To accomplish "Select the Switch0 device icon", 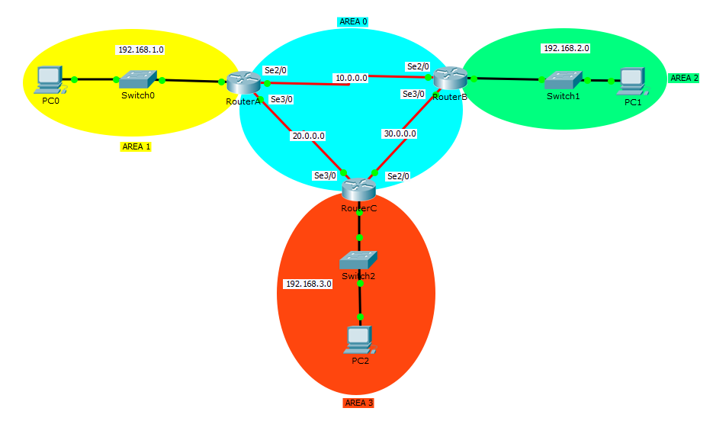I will (138, 79).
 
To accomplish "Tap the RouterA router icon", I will (243, 82).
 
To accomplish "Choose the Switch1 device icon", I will (564, 79).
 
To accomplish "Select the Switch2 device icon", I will (358, 260).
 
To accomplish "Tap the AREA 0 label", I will (353, 22).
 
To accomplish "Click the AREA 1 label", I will (136, 146).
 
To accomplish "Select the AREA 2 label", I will (684, 78).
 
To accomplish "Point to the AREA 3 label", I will (358, 403).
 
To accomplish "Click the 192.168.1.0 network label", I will (140, 50).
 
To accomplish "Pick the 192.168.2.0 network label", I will (566, 48).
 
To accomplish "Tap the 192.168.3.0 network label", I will (308, 284).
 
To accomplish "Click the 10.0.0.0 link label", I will (351, 78).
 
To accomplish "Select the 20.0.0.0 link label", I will (307, 136).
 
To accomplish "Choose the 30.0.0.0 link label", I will (400, 133).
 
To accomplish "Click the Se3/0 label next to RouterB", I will (414, 94).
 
